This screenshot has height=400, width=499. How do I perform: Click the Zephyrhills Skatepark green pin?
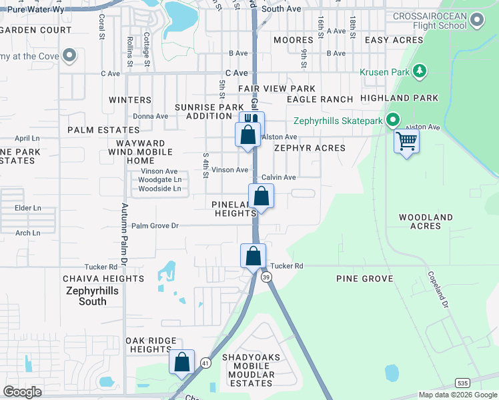click(393, 121)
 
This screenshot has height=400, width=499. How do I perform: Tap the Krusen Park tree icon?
click(420, 71)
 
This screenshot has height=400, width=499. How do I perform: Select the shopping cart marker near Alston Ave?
click(406, 141)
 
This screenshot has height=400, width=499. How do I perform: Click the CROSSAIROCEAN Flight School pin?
click(476, 21)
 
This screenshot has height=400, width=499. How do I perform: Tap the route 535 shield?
click(462, 383)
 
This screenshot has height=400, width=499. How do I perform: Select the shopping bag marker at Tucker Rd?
click(254, 256)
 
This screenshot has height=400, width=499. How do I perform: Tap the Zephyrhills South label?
click(86, 296)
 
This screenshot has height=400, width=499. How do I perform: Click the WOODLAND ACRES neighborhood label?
click(426, 222)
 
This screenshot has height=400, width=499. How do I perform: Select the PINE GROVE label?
click(364, 279)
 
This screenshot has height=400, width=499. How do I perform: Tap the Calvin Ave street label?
click(278, 177)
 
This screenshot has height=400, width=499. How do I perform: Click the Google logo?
click(23, 392)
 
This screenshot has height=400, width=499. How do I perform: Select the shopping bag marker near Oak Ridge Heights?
click(181, 363)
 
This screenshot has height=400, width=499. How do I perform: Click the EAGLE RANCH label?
click(320, 99)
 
